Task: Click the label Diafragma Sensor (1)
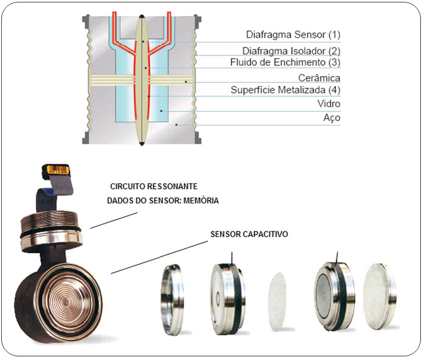tap(293, 35)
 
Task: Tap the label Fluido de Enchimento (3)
tap(285, 62)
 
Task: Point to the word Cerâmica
tap(319, 78)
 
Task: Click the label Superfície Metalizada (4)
tap(285, 90)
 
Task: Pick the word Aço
tap(331, 118)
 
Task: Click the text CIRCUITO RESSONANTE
tap(154, 185)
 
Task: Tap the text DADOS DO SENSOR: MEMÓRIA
tap(163, 200)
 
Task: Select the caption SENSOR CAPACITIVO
tap(249, 233)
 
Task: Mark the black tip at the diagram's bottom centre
tap(141, 144)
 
